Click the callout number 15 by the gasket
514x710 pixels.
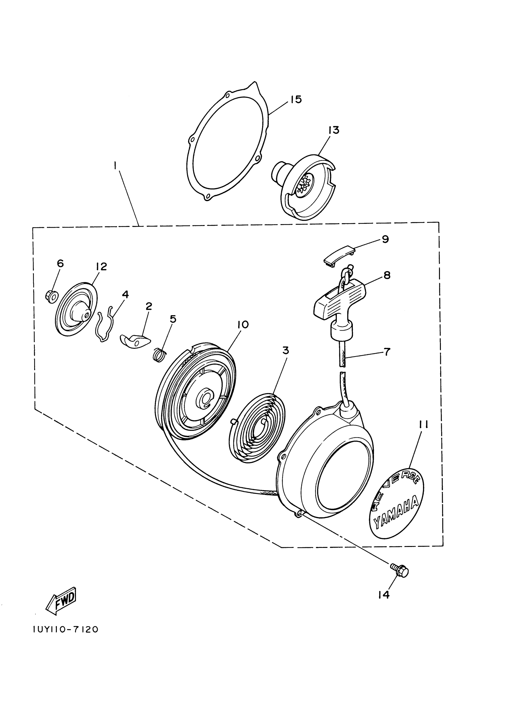(295, 100)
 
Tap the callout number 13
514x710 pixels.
(334, 130)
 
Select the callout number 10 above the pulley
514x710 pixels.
(243, 325)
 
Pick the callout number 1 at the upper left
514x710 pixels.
(115, 165)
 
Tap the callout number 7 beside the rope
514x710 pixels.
(387, 352)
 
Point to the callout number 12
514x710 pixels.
(101, 267)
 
